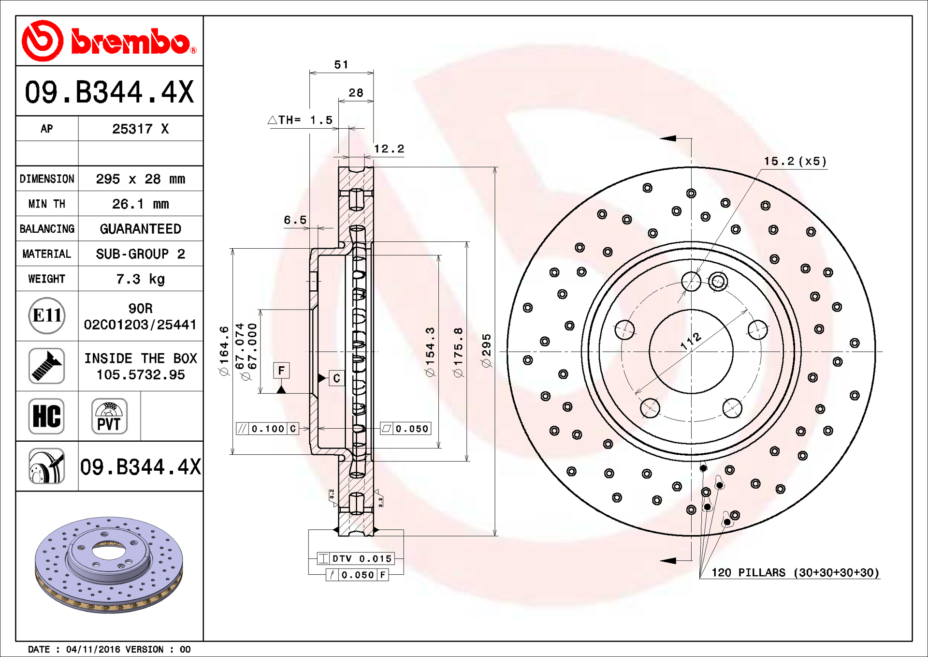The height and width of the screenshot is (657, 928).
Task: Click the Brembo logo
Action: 109,41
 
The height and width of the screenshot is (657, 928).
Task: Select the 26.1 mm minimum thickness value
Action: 141,204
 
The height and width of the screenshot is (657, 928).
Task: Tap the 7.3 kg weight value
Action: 141,279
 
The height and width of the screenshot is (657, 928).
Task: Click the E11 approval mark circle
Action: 47,316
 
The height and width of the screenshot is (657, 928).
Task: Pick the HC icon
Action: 46,416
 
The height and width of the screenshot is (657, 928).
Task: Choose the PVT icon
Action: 109,416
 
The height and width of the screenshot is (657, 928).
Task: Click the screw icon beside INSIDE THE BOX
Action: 46,366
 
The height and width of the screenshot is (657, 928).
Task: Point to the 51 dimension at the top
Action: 341,64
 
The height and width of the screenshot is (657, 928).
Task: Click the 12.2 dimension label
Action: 389,149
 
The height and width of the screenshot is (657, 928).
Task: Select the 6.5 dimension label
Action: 295,220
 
